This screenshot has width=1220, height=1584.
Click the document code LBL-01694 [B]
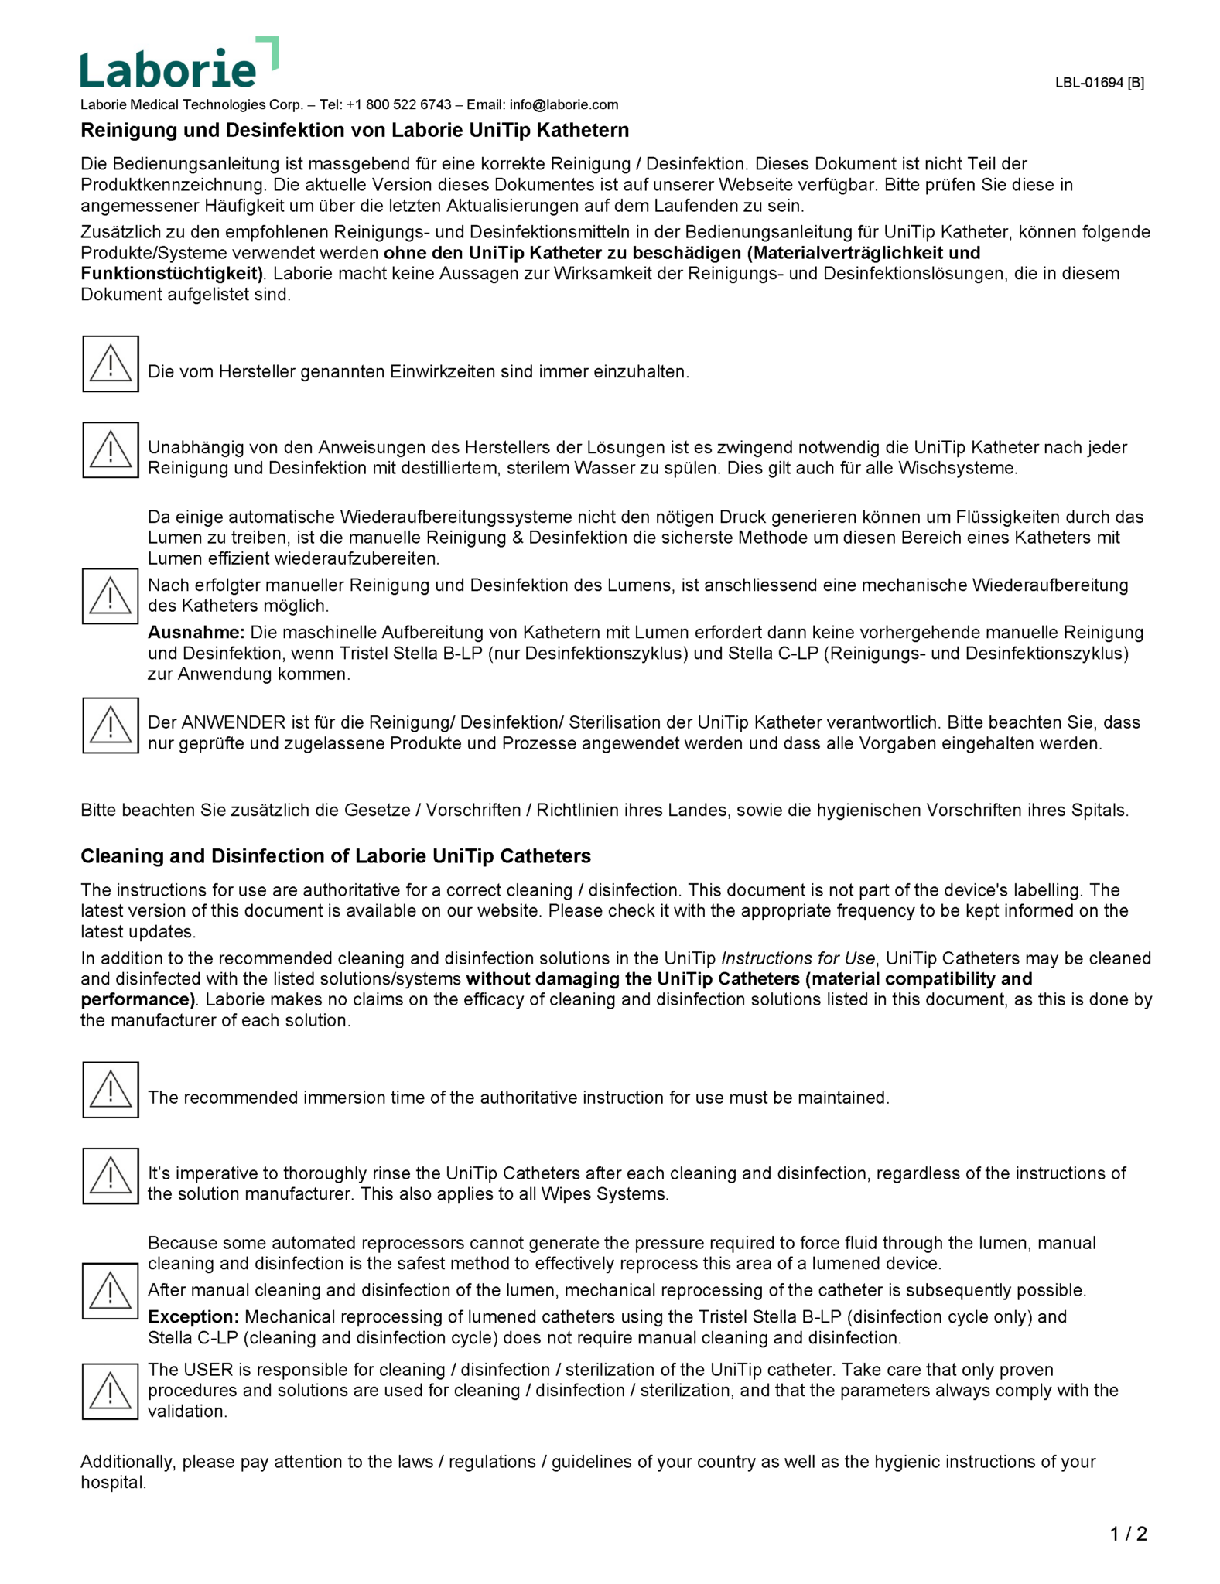[1099, 83]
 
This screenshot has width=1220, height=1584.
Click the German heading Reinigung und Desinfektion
[354, 130]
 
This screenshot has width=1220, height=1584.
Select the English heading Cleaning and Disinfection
[335, 856]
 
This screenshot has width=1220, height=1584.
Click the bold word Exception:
[193, 1317]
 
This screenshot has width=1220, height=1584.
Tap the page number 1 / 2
[1128, 1534]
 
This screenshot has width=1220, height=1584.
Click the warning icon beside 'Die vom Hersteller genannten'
[111, 364]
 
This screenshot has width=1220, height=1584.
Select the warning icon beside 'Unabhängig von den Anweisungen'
[111, 450]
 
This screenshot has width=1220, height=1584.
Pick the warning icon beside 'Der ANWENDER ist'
[111, 725]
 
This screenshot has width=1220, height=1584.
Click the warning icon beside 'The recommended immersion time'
[111, 1090]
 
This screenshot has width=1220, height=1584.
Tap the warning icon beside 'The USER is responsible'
[111, 1391]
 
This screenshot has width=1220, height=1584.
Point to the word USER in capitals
[208, 1370]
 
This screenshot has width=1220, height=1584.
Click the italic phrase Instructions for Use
[798, 959]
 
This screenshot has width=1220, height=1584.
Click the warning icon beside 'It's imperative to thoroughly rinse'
[111, 1176]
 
